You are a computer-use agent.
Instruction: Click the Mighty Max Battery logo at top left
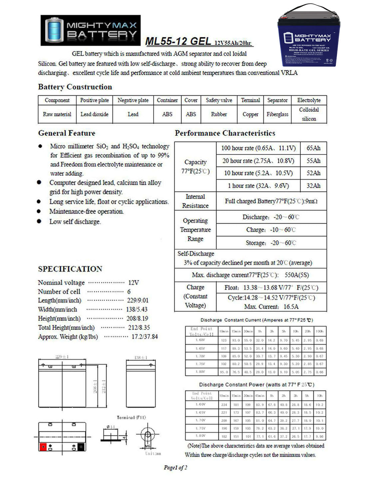click(x=91, y=30)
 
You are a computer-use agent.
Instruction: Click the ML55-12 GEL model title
click(x=178, y=41)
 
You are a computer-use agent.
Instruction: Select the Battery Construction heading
click(x=75, y=87)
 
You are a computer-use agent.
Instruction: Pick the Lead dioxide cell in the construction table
click(x=94, y=114)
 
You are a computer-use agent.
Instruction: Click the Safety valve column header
click(x=219, y=100)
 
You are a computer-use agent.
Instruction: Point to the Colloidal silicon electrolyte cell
click(x=309, y=114)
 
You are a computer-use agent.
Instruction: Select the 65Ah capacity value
click(x=313, y=148)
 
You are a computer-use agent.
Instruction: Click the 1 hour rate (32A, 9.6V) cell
click(x=258, y=186)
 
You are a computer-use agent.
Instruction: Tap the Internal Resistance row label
click(x=195, y=201)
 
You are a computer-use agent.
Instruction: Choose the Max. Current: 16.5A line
click(x=271, y=306)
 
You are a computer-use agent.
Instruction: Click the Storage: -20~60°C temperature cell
click(x=271, y=243)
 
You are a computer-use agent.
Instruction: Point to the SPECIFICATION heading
click(x=70, y=269)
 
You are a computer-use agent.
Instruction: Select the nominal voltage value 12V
click(x=133, y=282)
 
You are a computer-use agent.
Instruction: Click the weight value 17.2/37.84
click(x=145, y=336)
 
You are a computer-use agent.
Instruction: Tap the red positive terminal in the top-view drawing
click(x=43, y=447)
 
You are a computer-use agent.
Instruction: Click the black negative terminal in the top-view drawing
click(x=81, y=447)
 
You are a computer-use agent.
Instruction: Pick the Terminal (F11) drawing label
click(x=131, y=417)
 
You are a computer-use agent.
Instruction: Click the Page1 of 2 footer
click(x=176, y=467)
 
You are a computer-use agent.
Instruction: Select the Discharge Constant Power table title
click(x=256, y=385)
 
